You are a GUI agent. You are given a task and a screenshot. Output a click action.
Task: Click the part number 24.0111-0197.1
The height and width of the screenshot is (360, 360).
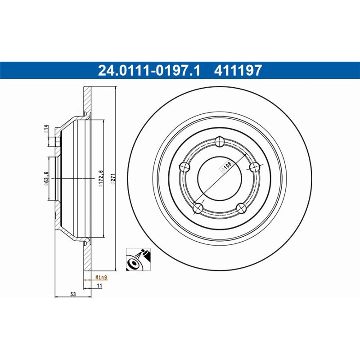(x=148, y=70)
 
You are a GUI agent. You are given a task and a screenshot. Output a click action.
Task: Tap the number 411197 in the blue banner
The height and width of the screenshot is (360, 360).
(x=238, y=70)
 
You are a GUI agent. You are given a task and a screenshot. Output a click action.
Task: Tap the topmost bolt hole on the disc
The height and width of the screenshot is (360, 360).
(x=219, y=141)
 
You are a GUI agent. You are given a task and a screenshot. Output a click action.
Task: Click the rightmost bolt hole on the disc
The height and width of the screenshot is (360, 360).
(x=254, y=167)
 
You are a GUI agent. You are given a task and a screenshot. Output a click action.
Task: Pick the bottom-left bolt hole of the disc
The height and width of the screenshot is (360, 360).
(x=198, y=208)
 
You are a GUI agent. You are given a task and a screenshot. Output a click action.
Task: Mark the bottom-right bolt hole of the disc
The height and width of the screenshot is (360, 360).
(x=241, y=207)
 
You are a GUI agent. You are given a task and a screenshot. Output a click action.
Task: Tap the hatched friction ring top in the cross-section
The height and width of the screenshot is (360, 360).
(x=87, y=99)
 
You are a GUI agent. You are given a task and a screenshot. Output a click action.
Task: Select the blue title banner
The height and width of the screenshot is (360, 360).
(x=180, y=70)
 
